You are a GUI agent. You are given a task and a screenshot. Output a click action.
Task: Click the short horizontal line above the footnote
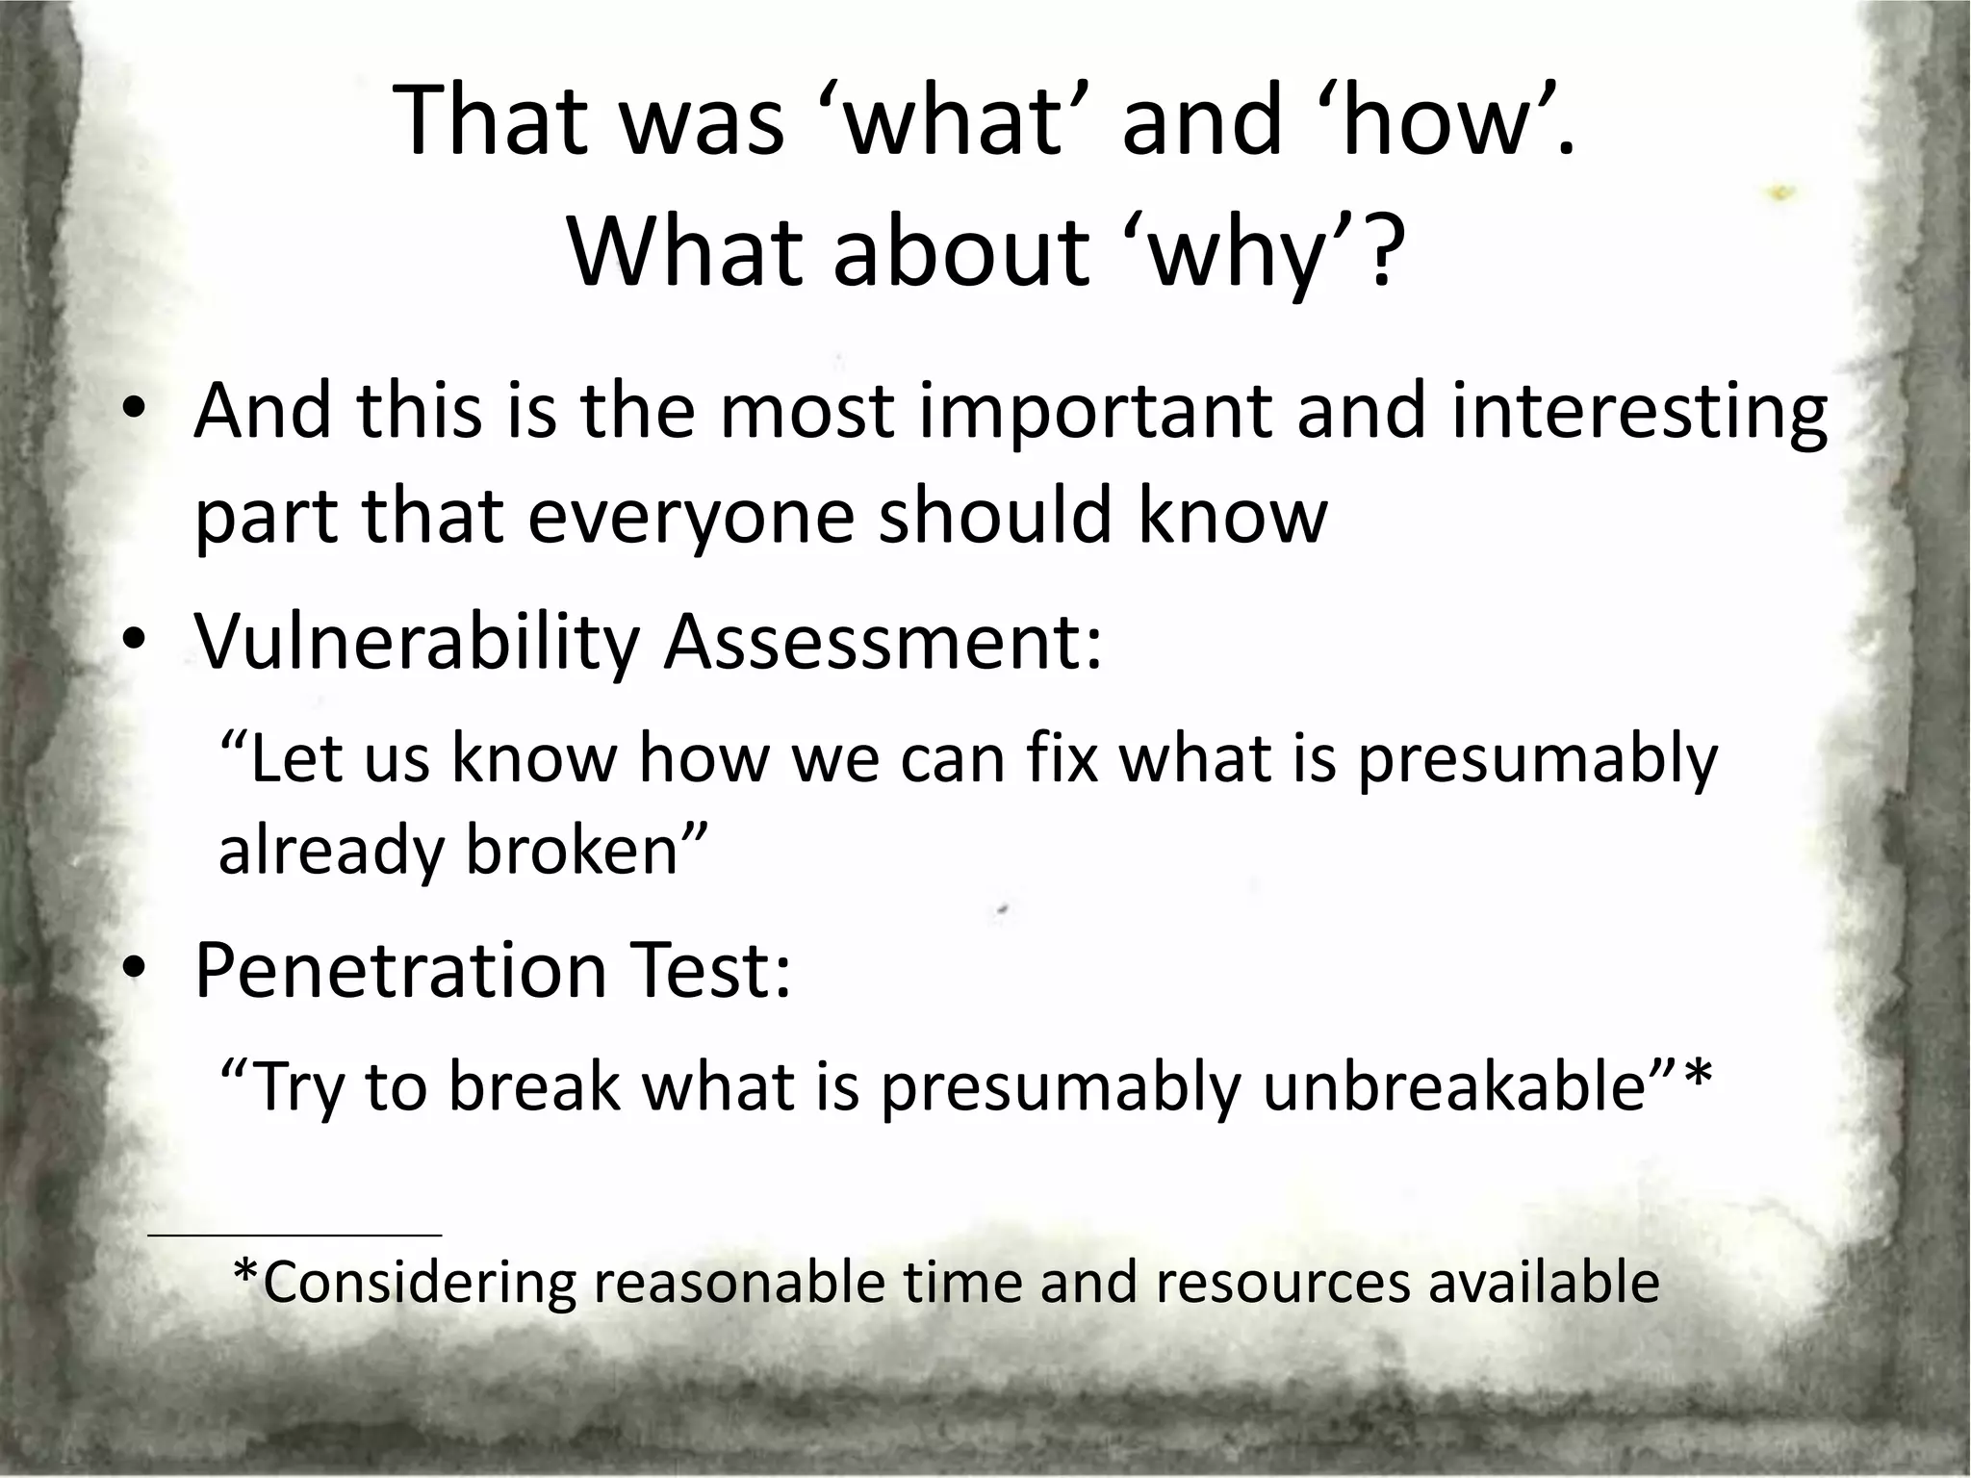tap(294, 1234)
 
